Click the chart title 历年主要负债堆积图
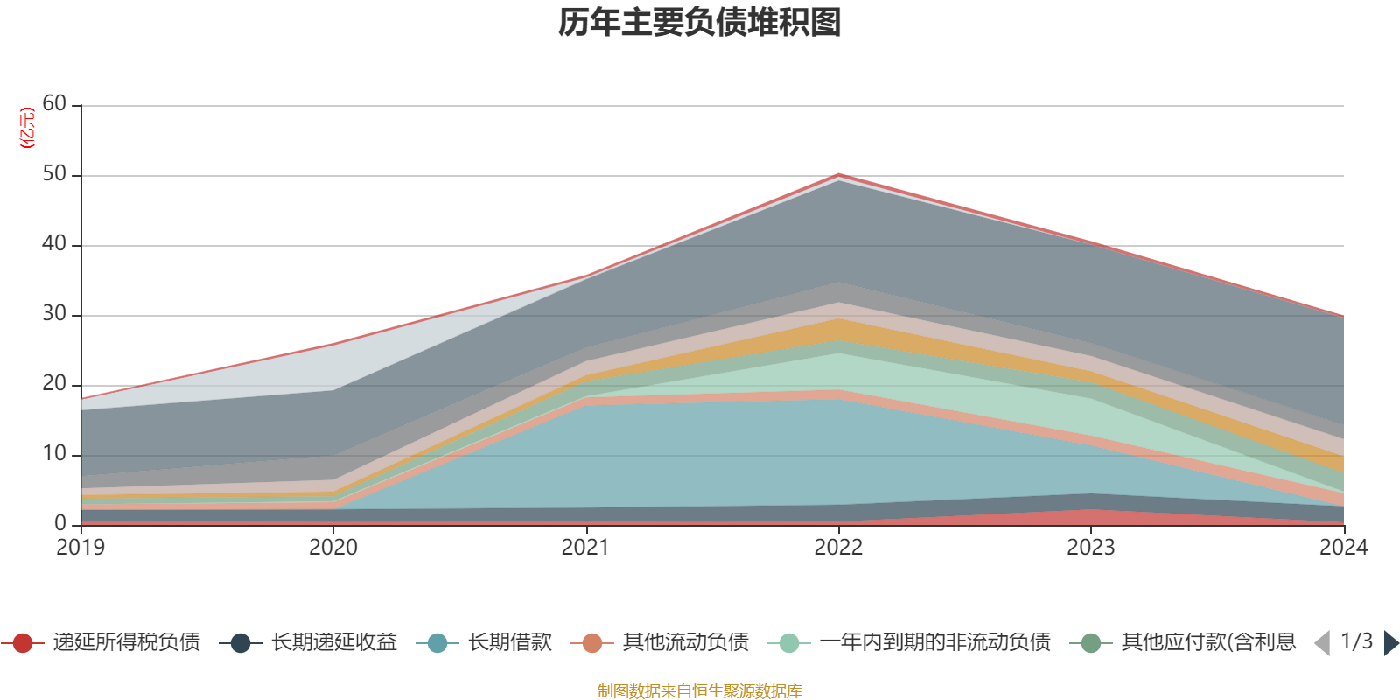click(700, 23)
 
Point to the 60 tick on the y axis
click(54, 104)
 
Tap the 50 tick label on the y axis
click(54, 174)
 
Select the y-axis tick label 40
click(54, 244)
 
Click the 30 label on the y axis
click(54, 314)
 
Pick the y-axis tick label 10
click(54, 454)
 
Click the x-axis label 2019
click(80, 548)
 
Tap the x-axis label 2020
click(333, 548)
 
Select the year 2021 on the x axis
click(585, 548)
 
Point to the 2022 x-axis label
click(838, 548)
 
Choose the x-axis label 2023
click(1090, 548)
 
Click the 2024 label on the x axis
click(1343, 548)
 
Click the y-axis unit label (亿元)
click(27, 128)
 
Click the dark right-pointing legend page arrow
click(1391, 643)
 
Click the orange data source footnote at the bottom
click(699, 691)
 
